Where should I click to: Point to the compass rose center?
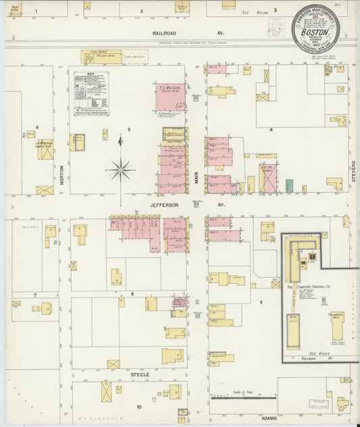tap(120, 169)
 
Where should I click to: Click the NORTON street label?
tap(61, 175)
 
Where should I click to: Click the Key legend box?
tap(91, 94)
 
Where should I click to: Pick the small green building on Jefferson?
tap(289, 185)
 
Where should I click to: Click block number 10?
tap(139, 407)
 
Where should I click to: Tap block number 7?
tap(34, 295)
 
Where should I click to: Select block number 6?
tap(37, 126)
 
